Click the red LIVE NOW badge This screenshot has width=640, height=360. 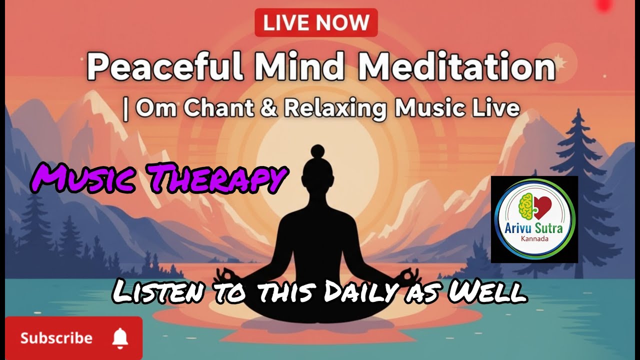(316, 22)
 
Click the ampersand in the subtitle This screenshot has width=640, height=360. (268, 108)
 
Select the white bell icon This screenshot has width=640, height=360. (119, 338)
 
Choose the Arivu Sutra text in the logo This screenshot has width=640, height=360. (534, 229)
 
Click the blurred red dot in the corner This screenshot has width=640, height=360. (604, 5)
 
